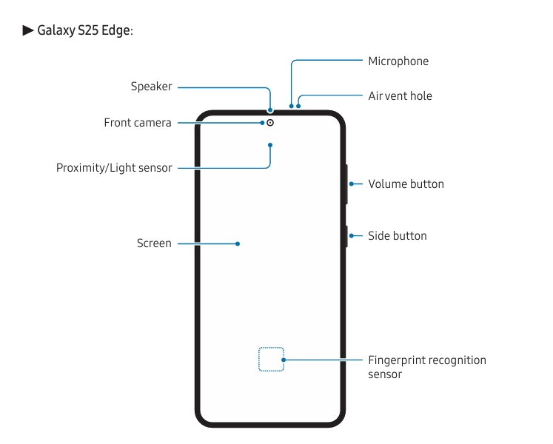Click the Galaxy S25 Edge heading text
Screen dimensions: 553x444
[x=85, y=30]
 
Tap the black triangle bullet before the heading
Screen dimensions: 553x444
[x=28, y=30]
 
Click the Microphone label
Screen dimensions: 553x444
[x=398, y=61]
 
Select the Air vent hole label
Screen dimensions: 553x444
[x=400, y=96]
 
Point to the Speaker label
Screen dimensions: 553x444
[x=151, y=87]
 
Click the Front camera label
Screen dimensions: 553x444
[x=138, y=123]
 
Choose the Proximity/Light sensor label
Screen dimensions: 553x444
[x=114, y=168]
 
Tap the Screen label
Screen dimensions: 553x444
[x=154, y=243]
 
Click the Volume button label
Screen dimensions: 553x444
[x=406, y=184]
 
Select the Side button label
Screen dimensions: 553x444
[x=398, y=236]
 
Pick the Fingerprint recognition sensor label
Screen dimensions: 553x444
[x=427, y=367]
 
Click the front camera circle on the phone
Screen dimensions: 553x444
[x=270, y=123]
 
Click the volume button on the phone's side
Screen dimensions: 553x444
[x=346, y=184]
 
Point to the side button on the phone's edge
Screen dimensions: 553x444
[x=346, y=236]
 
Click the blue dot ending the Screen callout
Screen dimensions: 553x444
[x=238, y=243]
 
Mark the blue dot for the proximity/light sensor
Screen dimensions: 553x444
[x=270, y=145]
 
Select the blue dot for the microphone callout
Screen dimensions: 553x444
[x=292, y=106]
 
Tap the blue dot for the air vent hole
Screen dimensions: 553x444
[x=299, y=106]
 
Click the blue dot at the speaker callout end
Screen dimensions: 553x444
[x=270, y=110]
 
